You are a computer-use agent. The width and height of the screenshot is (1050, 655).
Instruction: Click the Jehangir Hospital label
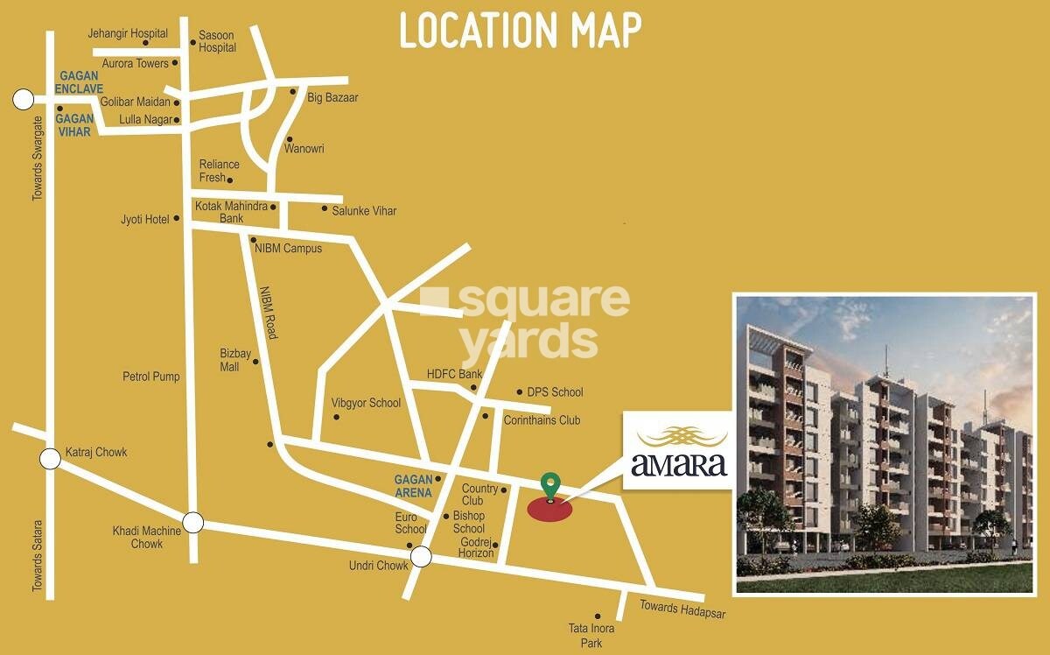coord(128,33)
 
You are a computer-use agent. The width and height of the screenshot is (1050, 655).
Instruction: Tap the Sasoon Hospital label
coord(217,41)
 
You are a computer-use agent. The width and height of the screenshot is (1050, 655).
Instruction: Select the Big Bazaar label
coord(332,98)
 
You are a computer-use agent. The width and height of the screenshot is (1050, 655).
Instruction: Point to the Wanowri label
coord(304,149)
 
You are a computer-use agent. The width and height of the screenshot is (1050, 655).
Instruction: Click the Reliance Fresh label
coord(219,171)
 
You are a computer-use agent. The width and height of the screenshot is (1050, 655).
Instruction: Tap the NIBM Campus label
coord(288,249)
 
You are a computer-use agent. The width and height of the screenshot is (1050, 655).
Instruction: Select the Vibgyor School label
coord(366,404)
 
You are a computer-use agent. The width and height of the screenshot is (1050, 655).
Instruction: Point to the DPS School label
coord(555,392)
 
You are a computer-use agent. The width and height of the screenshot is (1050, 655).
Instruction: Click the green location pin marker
coord(549,484)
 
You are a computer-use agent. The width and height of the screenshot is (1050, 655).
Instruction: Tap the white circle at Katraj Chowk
coord(51,457)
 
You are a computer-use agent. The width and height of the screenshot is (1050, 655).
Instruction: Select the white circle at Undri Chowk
coord(422,556)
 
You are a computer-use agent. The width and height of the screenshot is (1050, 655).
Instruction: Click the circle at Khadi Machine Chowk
coord(193,523)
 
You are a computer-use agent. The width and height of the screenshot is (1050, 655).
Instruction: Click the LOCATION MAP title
coord(521,32)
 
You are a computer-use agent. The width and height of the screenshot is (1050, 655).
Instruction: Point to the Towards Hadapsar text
coord(682,609)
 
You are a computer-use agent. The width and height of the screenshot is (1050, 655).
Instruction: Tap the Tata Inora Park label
coord(591,636)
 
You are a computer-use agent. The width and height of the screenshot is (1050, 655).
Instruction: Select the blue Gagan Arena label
coord(414,486)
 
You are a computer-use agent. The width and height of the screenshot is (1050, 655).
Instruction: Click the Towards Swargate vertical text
coord(38,158)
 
